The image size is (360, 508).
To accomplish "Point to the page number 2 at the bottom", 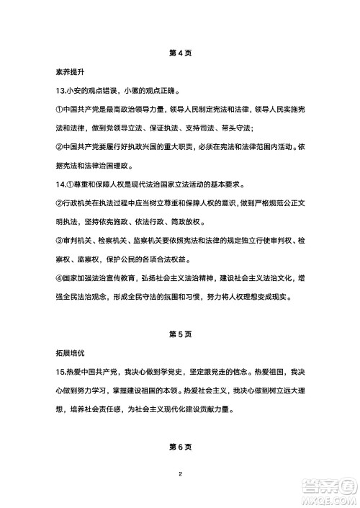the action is (x=180, y=475).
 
